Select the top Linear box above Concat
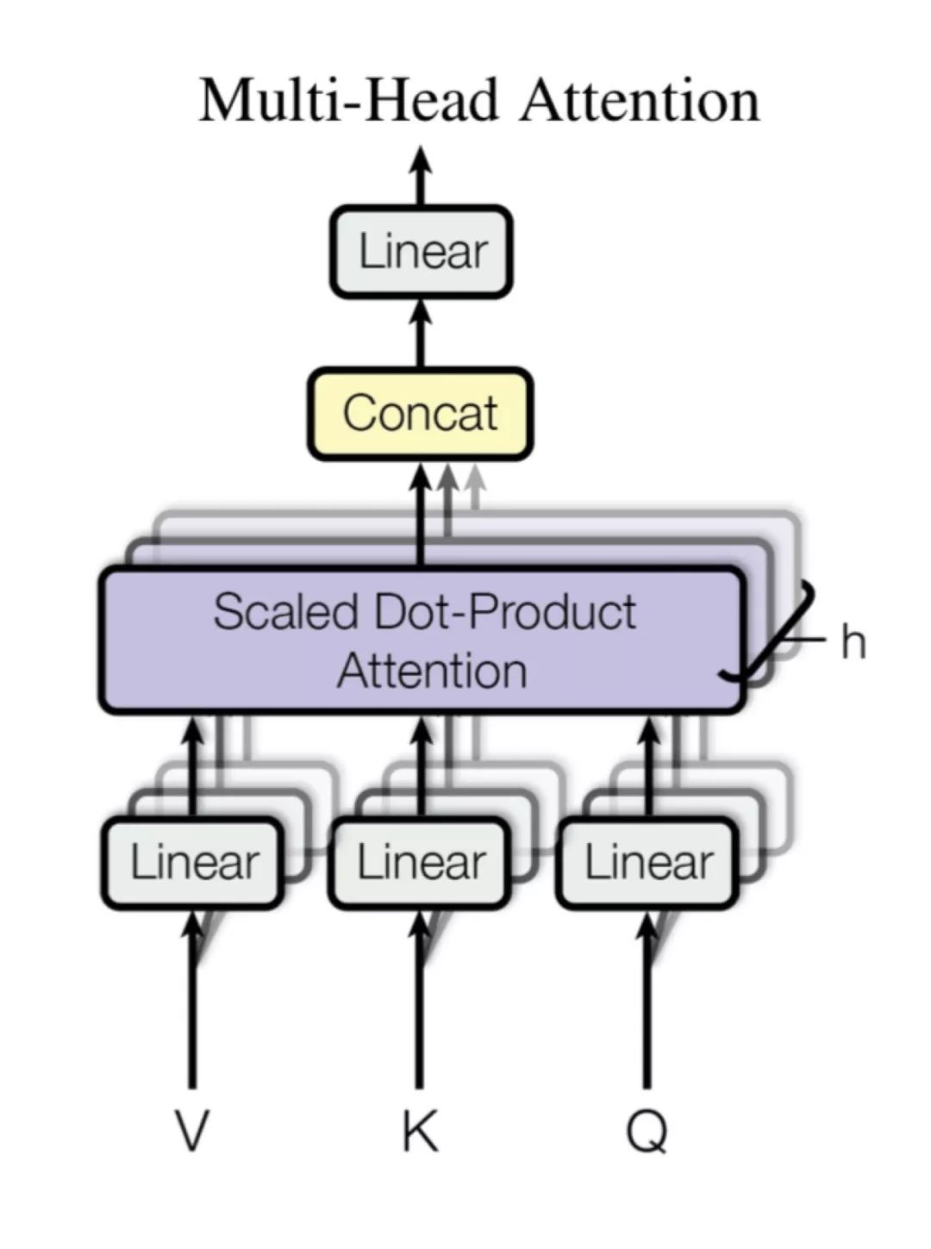[422, 252]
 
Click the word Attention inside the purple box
[432, 671]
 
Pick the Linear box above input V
[193, 863]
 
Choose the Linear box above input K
[420, 863]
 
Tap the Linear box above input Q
[647, 863]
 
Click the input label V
[192, 1133]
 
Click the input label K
[421, 1133]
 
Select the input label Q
[647, 1133]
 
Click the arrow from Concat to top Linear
[421, 334]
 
